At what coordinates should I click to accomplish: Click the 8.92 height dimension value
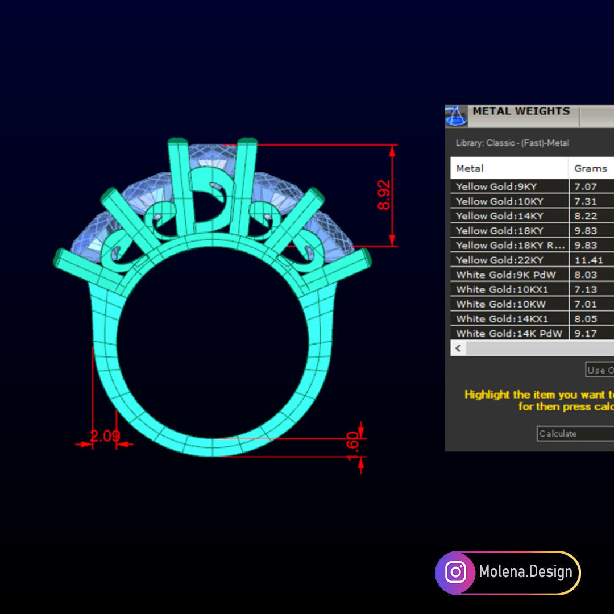[385, 195]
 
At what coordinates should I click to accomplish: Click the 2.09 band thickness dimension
[105, 437]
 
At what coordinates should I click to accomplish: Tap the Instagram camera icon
[455, 572]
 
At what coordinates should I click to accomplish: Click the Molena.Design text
[525, 571]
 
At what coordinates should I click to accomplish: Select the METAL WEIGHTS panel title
[521, 111]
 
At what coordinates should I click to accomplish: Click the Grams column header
[590, 168]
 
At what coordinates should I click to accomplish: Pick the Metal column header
[470, 168]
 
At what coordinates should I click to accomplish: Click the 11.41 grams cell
[586, 260]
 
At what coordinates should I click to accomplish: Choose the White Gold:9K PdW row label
[505, 275]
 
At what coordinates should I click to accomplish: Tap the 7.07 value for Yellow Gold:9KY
[586, 186]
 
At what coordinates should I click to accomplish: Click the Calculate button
[574, 434]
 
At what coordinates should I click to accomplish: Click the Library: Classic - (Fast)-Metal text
[512, 143]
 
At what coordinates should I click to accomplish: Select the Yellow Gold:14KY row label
[499, 216]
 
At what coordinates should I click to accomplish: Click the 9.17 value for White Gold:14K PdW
[586, 334]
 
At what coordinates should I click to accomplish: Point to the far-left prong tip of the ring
[59, 259]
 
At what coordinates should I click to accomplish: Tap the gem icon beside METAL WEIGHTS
[457, 116]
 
